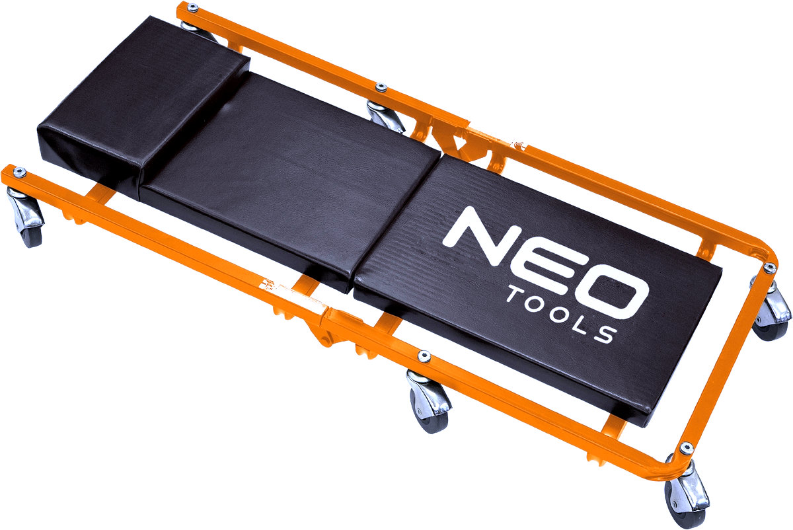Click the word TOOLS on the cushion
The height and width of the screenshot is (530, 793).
[562, 315]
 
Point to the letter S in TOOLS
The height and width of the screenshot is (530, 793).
[605, 334]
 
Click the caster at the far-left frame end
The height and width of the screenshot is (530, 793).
[26, 217]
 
